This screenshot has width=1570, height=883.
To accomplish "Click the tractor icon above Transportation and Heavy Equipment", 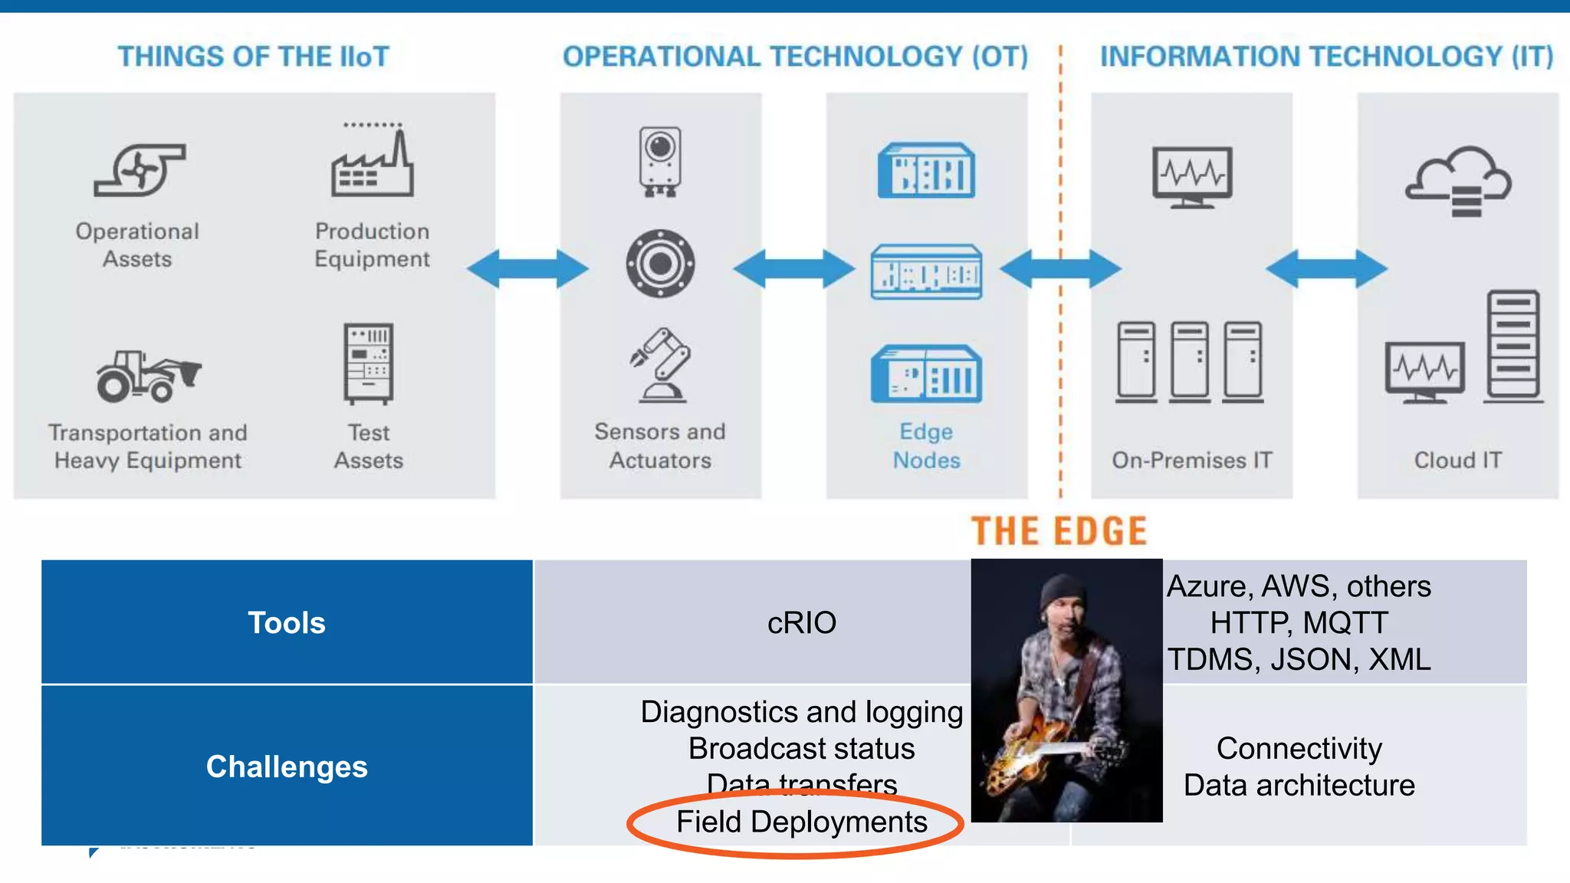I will [x=147, y=376].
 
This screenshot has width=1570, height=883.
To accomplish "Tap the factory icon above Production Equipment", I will [x=373, y=163].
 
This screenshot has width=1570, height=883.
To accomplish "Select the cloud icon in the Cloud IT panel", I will [x=1457, y=181].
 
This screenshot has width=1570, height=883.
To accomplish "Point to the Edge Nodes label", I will [x=926, y=445].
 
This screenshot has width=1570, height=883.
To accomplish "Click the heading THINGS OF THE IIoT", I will [x=253, y=57].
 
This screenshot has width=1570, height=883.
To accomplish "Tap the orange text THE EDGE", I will [x=1059, y=531].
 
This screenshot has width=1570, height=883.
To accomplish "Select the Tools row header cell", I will [x=287, y=622].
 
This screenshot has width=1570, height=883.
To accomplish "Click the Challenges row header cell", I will [x=287, y=766].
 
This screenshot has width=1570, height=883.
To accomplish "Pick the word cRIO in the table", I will [x=801, y=622].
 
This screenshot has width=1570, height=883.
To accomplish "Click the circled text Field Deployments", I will [x=801, y=822].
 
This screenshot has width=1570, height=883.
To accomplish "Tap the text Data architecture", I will [x=1299, y=786].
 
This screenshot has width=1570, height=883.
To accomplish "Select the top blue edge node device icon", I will [x=926, y=170].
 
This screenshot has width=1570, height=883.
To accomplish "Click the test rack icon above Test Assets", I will [x=369, y=364].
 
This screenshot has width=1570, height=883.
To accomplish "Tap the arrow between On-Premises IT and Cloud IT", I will [x=1325, y=268].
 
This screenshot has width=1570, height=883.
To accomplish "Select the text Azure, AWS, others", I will [x=1299, y=586].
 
